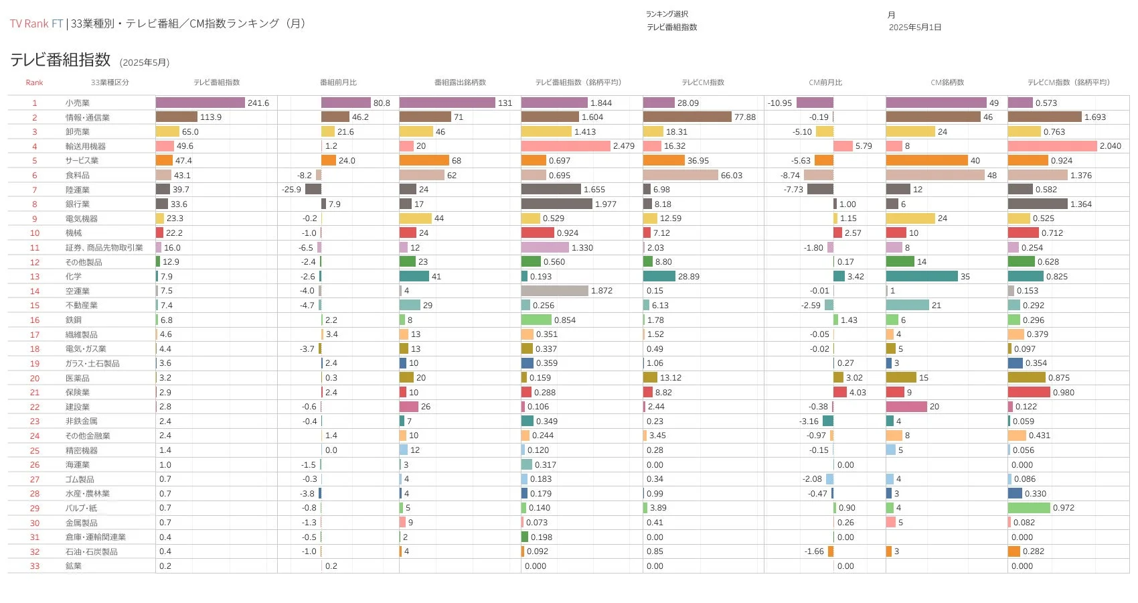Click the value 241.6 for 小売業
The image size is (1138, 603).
click(x=258, y=103)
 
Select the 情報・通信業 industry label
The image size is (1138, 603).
click(x=87, y=117)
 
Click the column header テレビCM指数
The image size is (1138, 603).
click(x=703, y=82)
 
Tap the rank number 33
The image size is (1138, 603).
click(x=35, y=566)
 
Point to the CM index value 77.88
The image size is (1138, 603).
click(x=744, y=117)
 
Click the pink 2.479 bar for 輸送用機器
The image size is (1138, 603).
click(x=565, y=146)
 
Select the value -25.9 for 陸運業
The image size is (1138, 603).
click(x=291, y=190)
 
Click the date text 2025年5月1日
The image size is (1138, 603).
click(x=914, y=27)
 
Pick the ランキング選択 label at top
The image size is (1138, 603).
click(x=667, y=14)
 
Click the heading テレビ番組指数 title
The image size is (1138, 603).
click(x=60, y=60)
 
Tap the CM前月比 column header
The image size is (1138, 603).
click(x=825, y=82)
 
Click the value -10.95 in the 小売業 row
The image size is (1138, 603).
click(x=780, y=103)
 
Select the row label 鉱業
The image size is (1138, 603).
click(x=74, y=566)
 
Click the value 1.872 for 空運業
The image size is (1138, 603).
click(x=602, y=291)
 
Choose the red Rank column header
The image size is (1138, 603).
click(x=34, y=82)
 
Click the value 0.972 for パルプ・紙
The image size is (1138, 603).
click(x=1063, y=508)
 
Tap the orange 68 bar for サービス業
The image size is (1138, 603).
click(x=424, y=161)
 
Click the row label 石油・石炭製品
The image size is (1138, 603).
click(x=92, y=551)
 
